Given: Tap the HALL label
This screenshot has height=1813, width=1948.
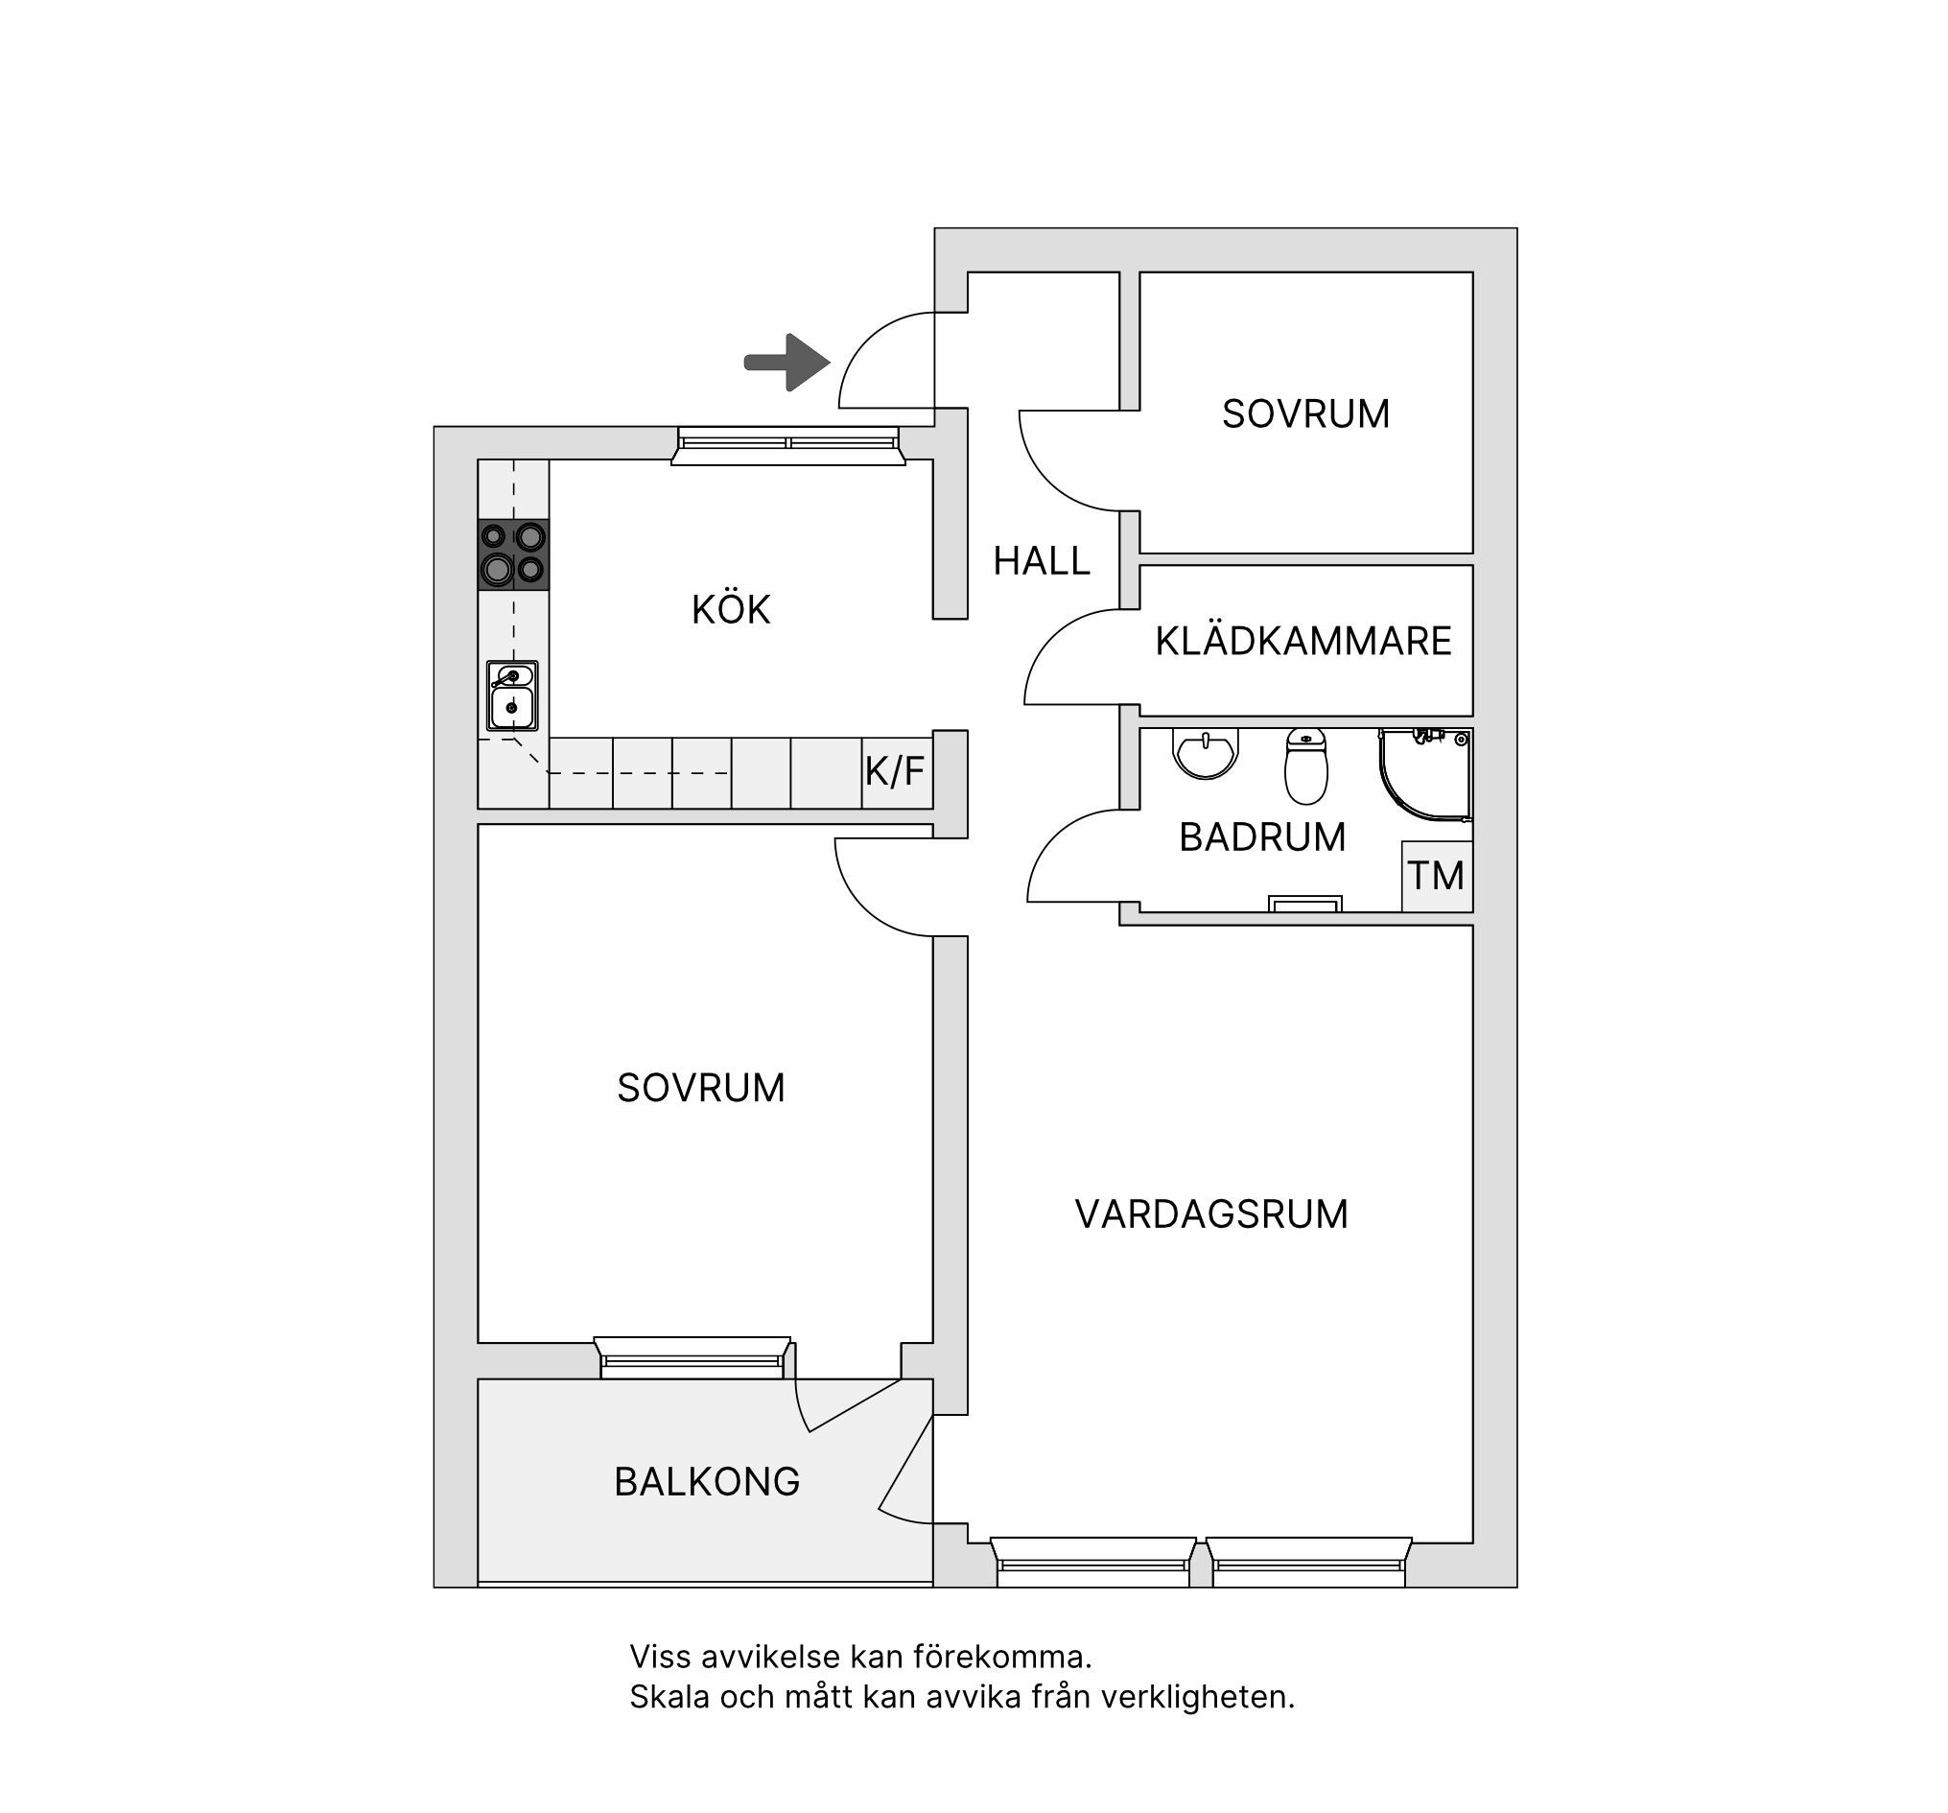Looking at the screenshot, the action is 1042,561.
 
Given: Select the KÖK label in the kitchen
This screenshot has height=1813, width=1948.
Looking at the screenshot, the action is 731,609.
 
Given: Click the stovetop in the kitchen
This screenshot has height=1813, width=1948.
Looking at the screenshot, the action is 513,554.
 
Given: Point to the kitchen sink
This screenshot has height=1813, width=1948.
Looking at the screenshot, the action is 512,695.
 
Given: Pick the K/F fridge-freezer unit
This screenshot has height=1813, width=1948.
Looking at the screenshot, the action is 896,773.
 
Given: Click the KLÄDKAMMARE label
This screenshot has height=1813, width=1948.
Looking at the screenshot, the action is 1303,641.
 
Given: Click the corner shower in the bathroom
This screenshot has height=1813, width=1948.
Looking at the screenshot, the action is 1425,774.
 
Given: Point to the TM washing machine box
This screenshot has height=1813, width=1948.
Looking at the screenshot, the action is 1438,876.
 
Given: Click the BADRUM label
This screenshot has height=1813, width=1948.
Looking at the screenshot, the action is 1262,837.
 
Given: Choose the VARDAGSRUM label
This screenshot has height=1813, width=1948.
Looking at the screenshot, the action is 1212,1215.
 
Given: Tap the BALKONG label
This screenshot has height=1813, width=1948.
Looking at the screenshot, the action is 708,1483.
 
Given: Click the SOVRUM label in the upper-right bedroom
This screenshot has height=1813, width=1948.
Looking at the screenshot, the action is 1306,414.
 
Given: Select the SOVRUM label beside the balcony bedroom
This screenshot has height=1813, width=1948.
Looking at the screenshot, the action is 701,1089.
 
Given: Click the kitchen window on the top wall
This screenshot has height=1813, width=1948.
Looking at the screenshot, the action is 787,445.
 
